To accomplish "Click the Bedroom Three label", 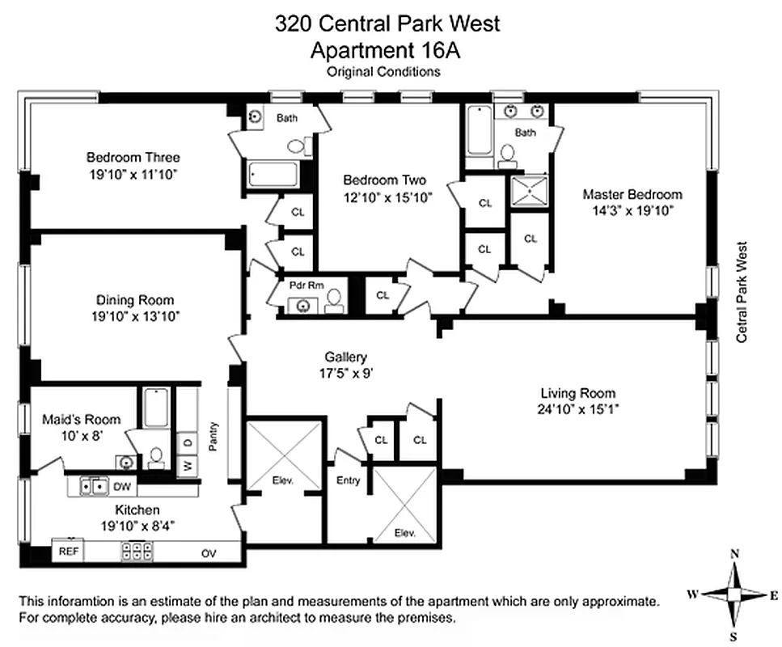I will point(133,157).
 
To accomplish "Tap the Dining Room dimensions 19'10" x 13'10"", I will point(133,316).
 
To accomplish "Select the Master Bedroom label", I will point(632,194).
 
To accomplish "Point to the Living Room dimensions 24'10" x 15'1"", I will point(579,409).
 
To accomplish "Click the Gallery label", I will point(346,357).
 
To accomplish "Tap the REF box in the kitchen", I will point(66,552).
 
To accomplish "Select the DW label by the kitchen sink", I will point(121,486).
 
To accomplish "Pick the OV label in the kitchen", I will point(209,554).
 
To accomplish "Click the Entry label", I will point(348,480).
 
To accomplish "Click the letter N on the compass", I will point(735,554).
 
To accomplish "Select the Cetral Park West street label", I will point(742,292).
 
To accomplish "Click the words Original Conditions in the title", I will point(383,71).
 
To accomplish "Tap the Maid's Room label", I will point(81,419).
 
